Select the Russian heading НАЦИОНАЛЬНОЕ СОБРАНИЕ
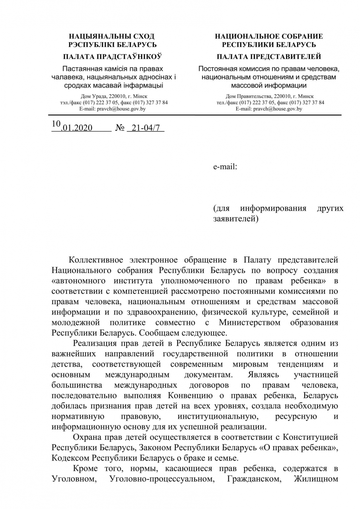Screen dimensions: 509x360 269,36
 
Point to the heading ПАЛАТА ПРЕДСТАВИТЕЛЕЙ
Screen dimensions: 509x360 269,56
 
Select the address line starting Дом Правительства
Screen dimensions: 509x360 270,97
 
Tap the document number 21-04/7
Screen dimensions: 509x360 145,128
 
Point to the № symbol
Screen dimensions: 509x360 120,128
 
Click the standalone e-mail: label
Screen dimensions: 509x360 225,167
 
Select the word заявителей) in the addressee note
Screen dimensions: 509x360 236,219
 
